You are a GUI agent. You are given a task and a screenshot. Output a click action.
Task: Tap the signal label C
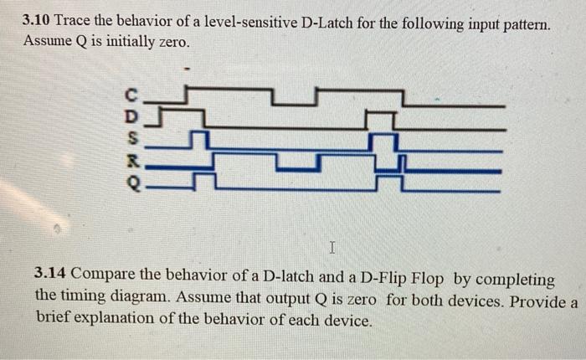(129, 94)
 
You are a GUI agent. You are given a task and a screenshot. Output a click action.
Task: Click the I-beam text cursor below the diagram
(332, 248)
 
